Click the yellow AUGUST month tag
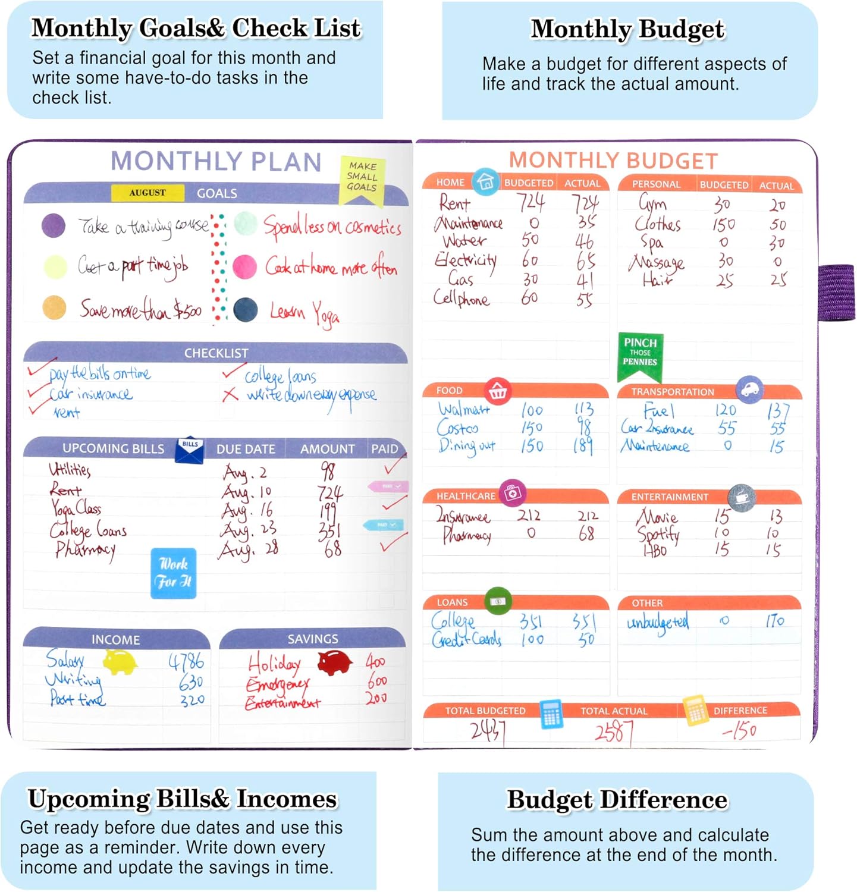pos(147,193)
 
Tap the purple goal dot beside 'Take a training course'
pos(54,226)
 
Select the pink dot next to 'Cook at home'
pos(244,267)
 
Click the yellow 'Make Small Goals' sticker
pos(362,178)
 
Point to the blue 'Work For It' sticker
pos(173,573)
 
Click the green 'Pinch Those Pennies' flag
pos(640,354)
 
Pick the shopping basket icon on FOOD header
pos(497,391)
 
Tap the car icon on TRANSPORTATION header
pos(749,390)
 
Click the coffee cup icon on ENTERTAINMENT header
pos(742,497)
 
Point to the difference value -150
pos(739,730)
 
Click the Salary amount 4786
pos(186,661)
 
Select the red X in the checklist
pos(230,394)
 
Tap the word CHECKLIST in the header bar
pos(216,353)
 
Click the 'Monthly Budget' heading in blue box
pos(627,29)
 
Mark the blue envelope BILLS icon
pos(190,450)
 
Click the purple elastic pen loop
pos(837,293)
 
